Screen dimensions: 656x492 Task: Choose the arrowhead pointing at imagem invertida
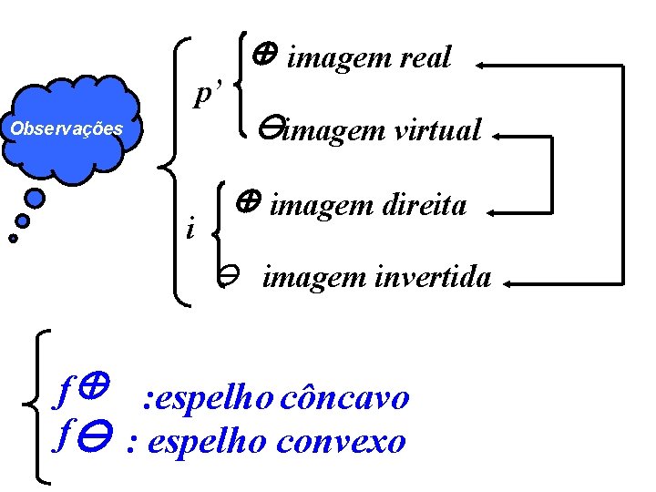point(511,285)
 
